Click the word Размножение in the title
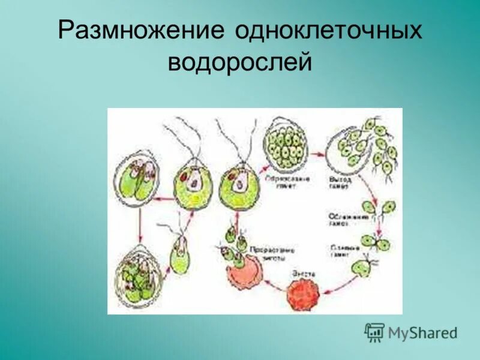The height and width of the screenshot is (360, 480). [141, 32]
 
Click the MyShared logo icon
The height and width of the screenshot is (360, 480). [374, 332]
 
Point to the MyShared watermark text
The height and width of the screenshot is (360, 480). [422, 332]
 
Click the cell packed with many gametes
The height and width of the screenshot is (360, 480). [286, 144]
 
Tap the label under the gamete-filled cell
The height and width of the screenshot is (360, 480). [285, 183]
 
